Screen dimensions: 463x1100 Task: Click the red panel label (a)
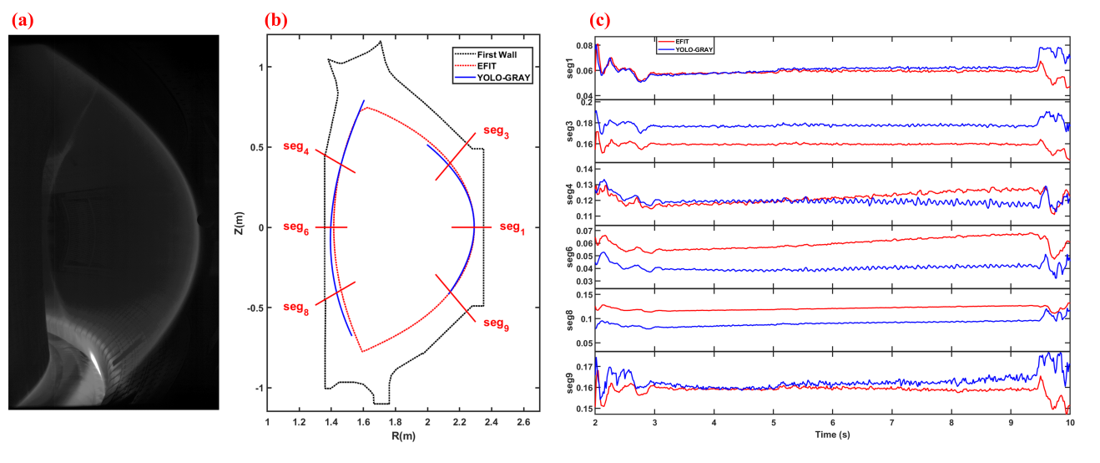click(22, 19)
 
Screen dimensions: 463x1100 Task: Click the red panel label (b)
click(276, 20)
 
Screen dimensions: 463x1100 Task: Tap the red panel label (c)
click(602, 20)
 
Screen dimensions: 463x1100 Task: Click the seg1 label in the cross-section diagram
click(512, 227)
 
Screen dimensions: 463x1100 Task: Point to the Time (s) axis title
click(832, 435)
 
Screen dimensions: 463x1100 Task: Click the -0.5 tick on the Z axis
click(255, 308)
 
